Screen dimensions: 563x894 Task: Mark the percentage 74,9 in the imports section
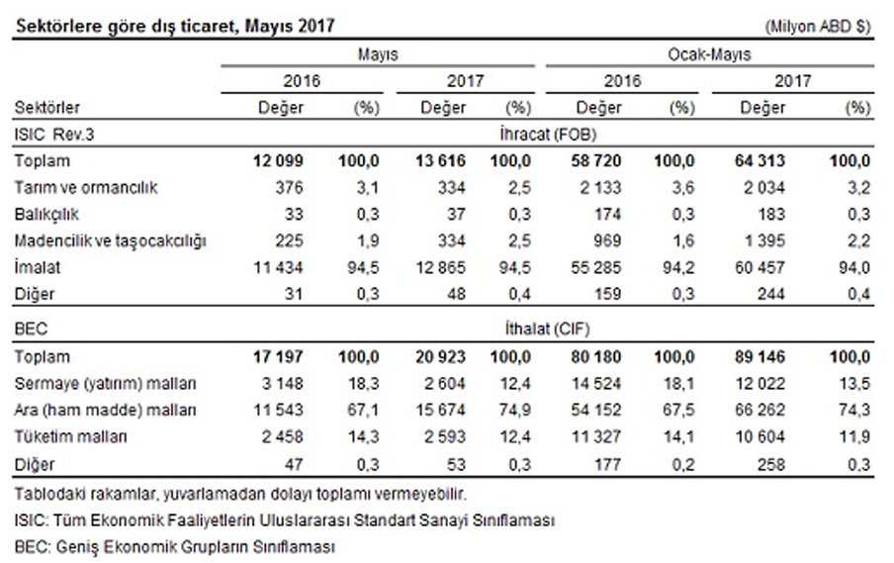click(517, 407)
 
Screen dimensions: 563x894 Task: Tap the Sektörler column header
click(47, 107)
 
